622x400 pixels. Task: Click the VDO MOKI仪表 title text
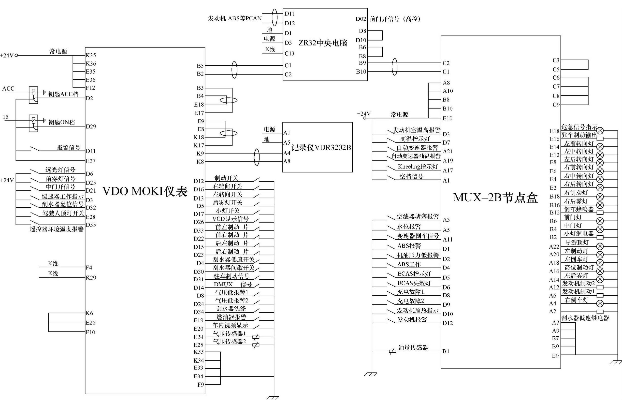click(x=145, y=191)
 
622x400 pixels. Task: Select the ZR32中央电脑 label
click(x=323, y=43)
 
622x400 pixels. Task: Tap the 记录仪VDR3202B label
click(x=321, y=147)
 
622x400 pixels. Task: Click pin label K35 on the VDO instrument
click(x=91, y=55)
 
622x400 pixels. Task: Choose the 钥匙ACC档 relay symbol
click(x=33, y=95)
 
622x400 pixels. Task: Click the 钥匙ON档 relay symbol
click(x=33, y=123)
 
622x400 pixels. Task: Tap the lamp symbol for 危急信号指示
click(x=600, y=130)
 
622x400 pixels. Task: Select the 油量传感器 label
click(x=413, y=347)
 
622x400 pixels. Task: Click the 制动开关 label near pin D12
click(x=226, y=178)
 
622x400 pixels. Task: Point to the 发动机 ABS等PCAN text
click(x=235, y=18)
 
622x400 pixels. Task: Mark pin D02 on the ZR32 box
click(x=361, y=19)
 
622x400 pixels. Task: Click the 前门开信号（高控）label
click(x=395, y=19)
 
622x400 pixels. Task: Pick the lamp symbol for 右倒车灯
click(x=600, y=303)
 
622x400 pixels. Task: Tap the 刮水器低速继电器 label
click(x=585, y=318)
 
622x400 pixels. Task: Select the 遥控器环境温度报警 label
click(x=56, y=229)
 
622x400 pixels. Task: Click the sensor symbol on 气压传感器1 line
click(x=256, y=337)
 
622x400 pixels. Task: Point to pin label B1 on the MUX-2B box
click(x=446, y=351)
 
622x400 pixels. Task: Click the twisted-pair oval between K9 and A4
click(x=256, y=157)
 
